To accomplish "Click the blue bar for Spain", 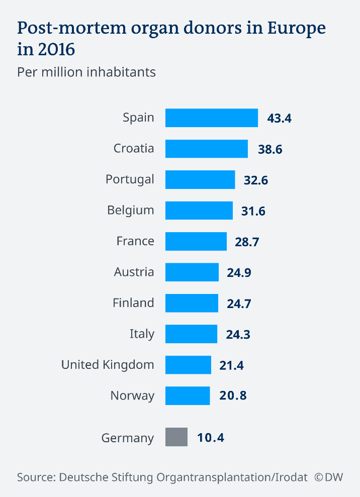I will [211, 118].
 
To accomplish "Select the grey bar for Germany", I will [176, 437].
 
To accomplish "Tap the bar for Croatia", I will [206, 149].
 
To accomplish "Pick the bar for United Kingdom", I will [188, 365].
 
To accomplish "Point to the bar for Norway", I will [188, 395].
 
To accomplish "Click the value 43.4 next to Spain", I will [280, 119].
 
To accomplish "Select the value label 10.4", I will [211, 438].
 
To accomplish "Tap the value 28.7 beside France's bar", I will [247, 242].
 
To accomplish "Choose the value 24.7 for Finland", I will [238, 304].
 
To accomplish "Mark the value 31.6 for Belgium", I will [253, 211].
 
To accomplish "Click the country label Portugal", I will [130, 179].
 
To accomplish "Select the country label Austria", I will [134, 272].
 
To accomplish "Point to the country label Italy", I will [142, 334].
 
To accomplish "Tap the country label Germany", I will [128, 438].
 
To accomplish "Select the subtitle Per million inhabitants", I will [86, 72].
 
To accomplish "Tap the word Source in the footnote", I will [36, 477].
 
